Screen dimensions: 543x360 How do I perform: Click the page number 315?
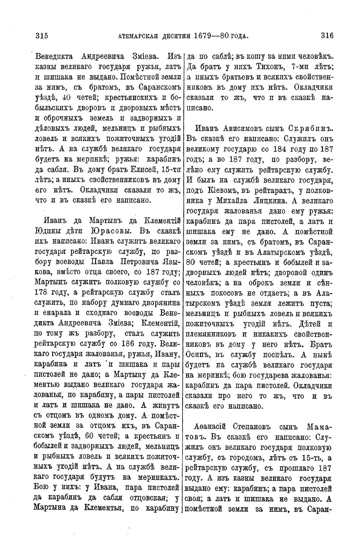pos(41,36)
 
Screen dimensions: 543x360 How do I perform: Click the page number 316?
pos(327,36)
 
